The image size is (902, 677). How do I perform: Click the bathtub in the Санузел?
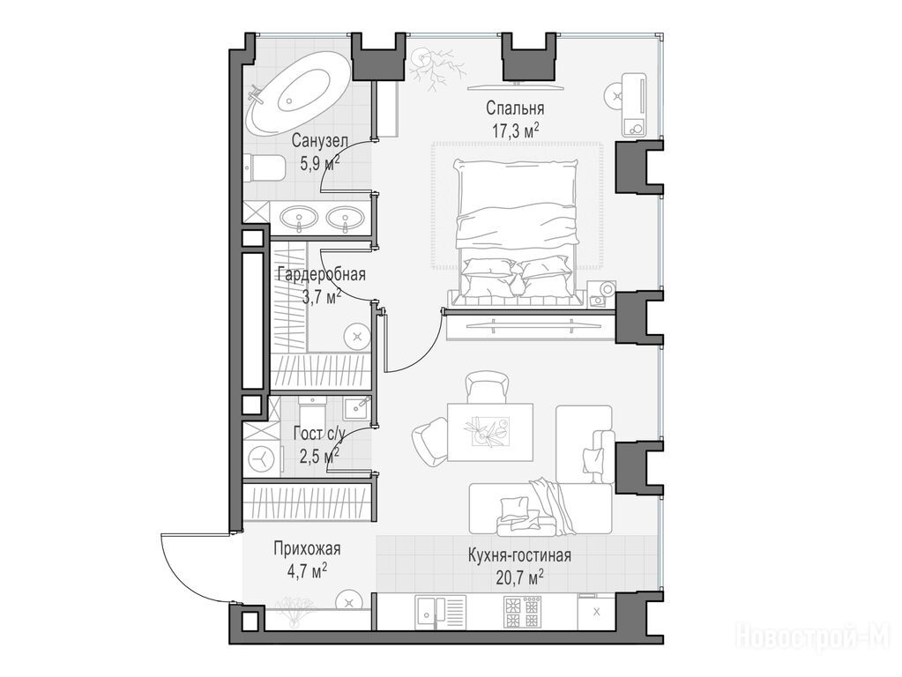click(297, 93)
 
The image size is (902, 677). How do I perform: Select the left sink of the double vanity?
click(299, 218)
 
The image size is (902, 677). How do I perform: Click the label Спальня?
click(515, 108)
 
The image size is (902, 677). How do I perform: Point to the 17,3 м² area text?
click(515, 130)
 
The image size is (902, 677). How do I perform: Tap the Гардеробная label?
click(321, 274)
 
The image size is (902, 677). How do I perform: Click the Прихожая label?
click(307, 548)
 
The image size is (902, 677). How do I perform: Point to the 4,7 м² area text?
click(307, 570)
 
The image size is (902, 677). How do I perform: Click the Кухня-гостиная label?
click(519, 555)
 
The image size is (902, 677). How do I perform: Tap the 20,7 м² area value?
click(519, 577)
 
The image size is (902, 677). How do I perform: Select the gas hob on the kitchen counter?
click(522, 612)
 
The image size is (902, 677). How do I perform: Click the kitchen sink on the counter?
click(440, 611)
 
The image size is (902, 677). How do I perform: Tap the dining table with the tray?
click(489, 431)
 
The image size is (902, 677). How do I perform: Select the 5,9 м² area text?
click(320, 163)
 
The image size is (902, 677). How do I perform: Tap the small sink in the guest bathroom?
click(358, 407)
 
